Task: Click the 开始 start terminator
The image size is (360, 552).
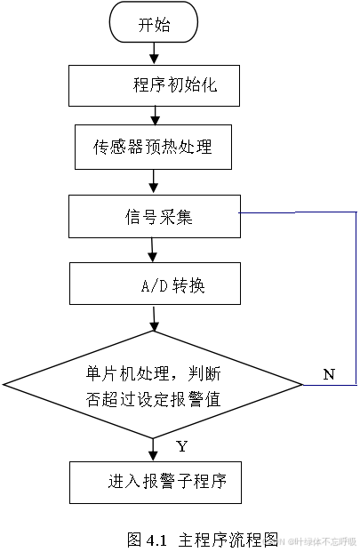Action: pyautogui.click(x=154, y=24)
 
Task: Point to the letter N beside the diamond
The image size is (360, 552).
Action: pyautogui.click(x=329, y=374)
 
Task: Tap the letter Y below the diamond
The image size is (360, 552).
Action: pyautogui.click(x=181, y=444)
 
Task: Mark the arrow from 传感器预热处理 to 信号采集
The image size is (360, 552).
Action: pyautogui.click(x=155, y=181)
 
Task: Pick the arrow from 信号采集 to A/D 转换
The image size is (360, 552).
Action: pyautogui.click(x=155, y=251)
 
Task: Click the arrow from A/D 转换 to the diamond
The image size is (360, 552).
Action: pyautogui.click(x=156, y=317)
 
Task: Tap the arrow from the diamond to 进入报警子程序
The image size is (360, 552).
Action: pyautogui.click(x=156, y=448)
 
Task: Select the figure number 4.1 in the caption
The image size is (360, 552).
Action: pyautogui.click(x=157, y=539)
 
